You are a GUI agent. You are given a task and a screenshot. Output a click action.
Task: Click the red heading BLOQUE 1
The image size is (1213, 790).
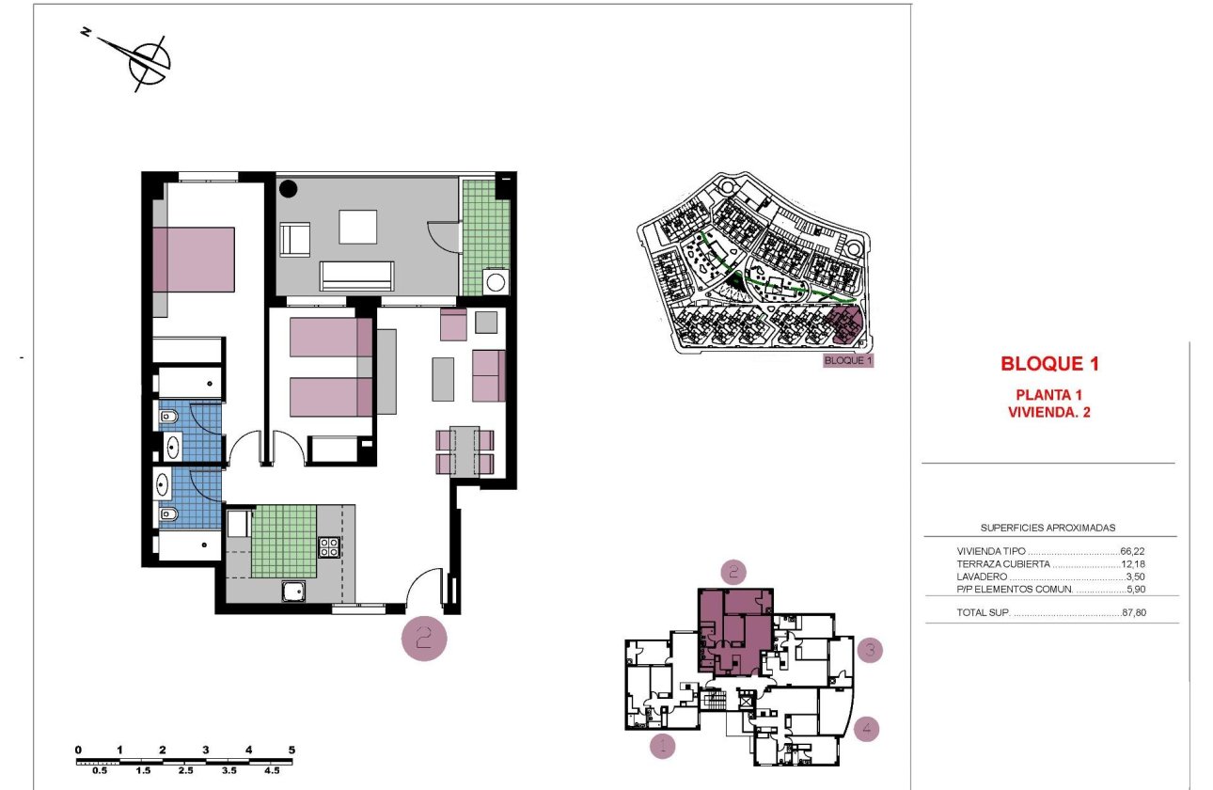tap(1049, 363)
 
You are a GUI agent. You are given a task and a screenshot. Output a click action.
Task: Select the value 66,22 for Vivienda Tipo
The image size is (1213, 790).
tap(1133, 552)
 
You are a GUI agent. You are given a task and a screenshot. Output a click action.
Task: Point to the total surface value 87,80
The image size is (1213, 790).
tap(1134, 613)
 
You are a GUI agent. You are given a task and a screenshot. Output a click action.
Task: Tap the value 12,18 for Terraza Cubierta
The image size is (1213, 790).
tap(1133, 564)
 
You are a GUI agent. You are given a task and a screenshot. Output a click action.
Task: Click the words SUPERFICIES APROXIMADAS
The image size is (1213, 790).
tap(1048, 529)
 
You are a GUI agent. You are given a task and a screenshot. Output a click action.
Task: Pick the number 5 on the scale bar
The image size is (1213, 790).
tap(291, 750)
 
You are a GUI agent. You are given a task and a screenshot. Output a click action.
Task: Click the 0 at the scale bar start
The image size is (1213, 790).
tap(78, 750)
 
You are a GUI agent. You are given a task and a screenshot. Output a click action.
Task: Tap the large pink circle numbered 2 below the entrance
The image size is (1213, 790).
tap(423, 640)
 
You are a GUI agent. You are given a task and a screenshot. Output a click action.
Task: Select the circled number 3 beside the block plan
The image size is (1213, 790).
tap(870, 649)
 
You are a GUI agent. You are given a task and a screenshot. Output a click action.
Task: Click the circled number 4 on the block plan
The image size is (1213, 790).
tap(868, 727)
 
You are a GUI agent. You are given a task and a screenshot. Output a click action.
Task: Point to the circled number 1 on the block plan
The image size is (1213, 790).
tap(663, 747)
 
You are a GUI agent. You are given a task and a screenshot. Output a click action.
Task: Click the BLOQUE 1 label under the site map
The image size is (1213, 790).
tap(848, 360)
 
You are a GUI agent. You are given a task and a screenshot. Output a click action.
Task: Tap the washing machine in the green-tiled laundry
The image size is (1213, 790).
tap(495, 281)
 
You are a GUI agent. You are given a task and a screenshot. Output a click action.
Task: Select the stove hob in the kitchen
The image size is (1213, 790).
tap(329, 547)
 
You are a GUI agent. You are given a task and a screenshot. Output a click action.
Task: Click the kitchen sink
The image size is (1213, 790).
tap(294, 591)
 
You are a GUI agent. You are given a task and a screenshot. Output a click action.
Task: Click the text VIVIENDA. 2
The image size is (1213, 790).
tap(1049, 411)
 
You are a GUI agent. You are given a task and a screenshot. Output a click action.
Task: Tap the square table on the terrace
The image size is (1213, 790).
tap(358, 226)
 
